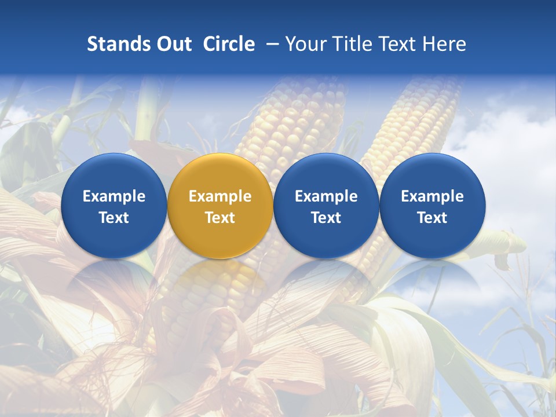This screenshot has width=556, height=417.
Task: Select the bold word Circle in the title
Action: (x=229, y=44)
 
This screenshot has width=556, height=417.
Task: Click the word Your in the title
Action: (x=304, y=44)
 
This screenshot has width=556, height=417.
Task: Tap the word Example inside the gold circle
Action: (x=220, y=196)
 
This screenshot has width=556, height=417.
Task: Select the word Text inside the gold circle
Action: (x=220, y=218)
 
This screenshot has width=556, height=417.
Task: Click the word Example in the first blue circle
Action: (x=114, y=196)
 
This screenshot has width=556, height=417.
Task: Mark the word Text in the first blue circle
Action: (x=114, y=218)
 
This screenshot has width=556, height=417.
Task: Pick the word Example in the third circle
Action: (x=326, y=196)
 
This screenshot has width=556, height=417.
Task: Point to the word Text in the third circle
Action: (x=326, y=218)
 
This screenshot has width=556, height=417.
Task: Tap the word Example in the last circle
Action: (x=432, y=196)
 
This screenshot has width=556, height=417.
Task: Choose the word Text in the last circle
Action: (x=432, y=218)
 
